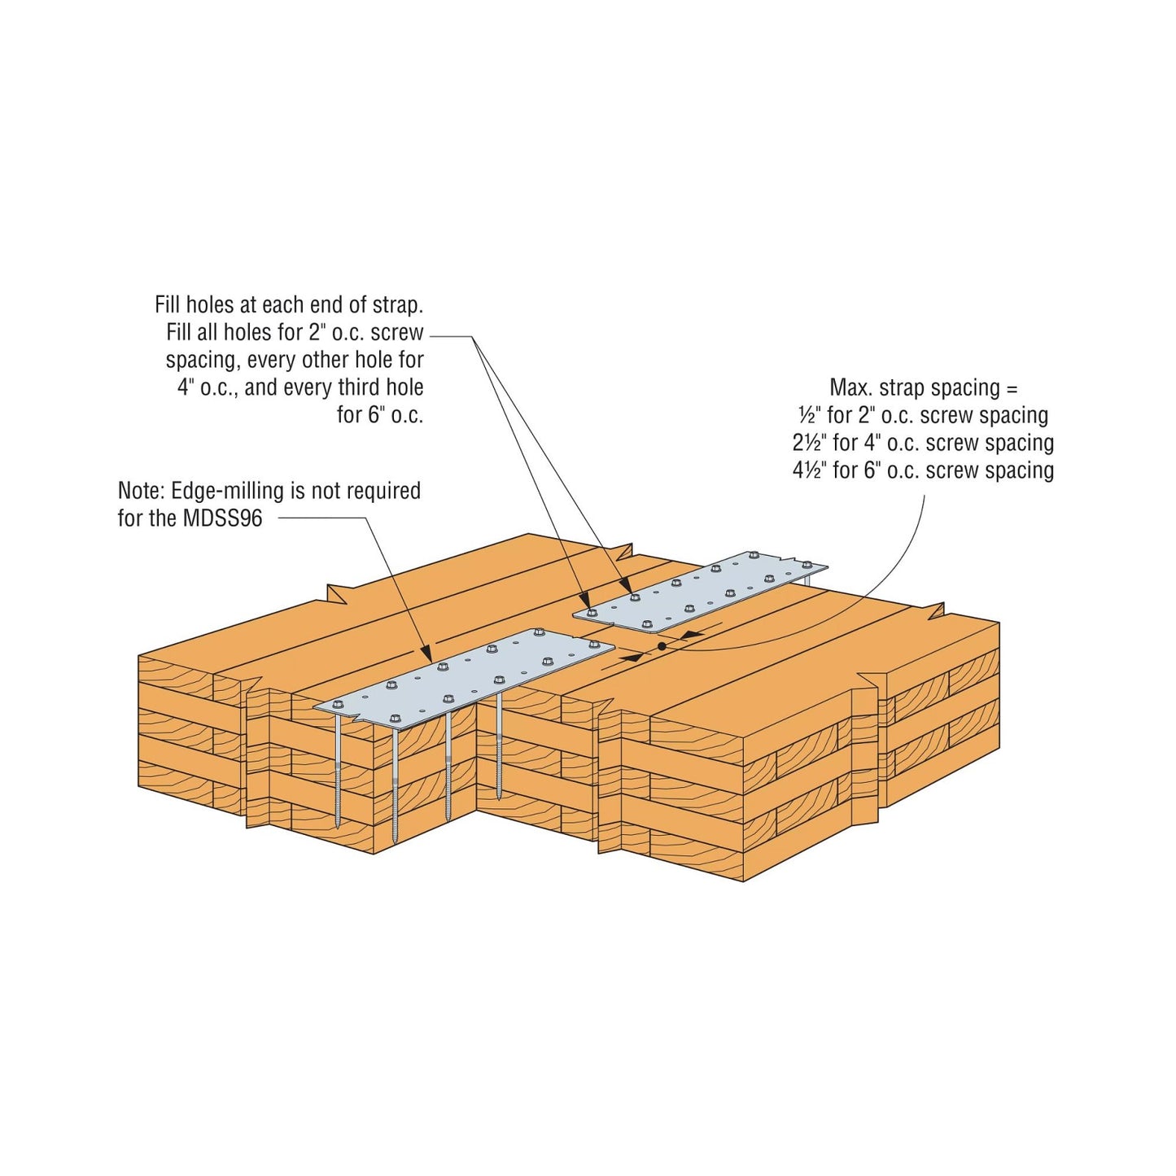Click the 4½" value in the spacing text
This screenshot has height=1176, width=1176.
810,470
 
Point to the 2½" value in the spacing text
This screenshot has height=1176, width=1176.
810,443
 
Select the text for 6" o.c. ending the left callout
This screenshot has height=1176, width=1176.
380,415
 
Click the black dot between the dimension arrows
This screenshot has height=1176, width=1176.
662,646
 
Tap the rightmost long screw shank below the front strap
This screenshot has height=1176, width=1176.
498,749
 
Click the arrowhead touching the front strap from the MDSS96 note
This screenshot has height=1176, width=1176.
427,654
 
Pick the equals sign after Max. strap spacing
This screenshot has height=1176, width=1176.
1012,388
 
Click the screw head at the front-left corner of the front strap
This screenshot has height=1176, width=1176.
336,703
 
